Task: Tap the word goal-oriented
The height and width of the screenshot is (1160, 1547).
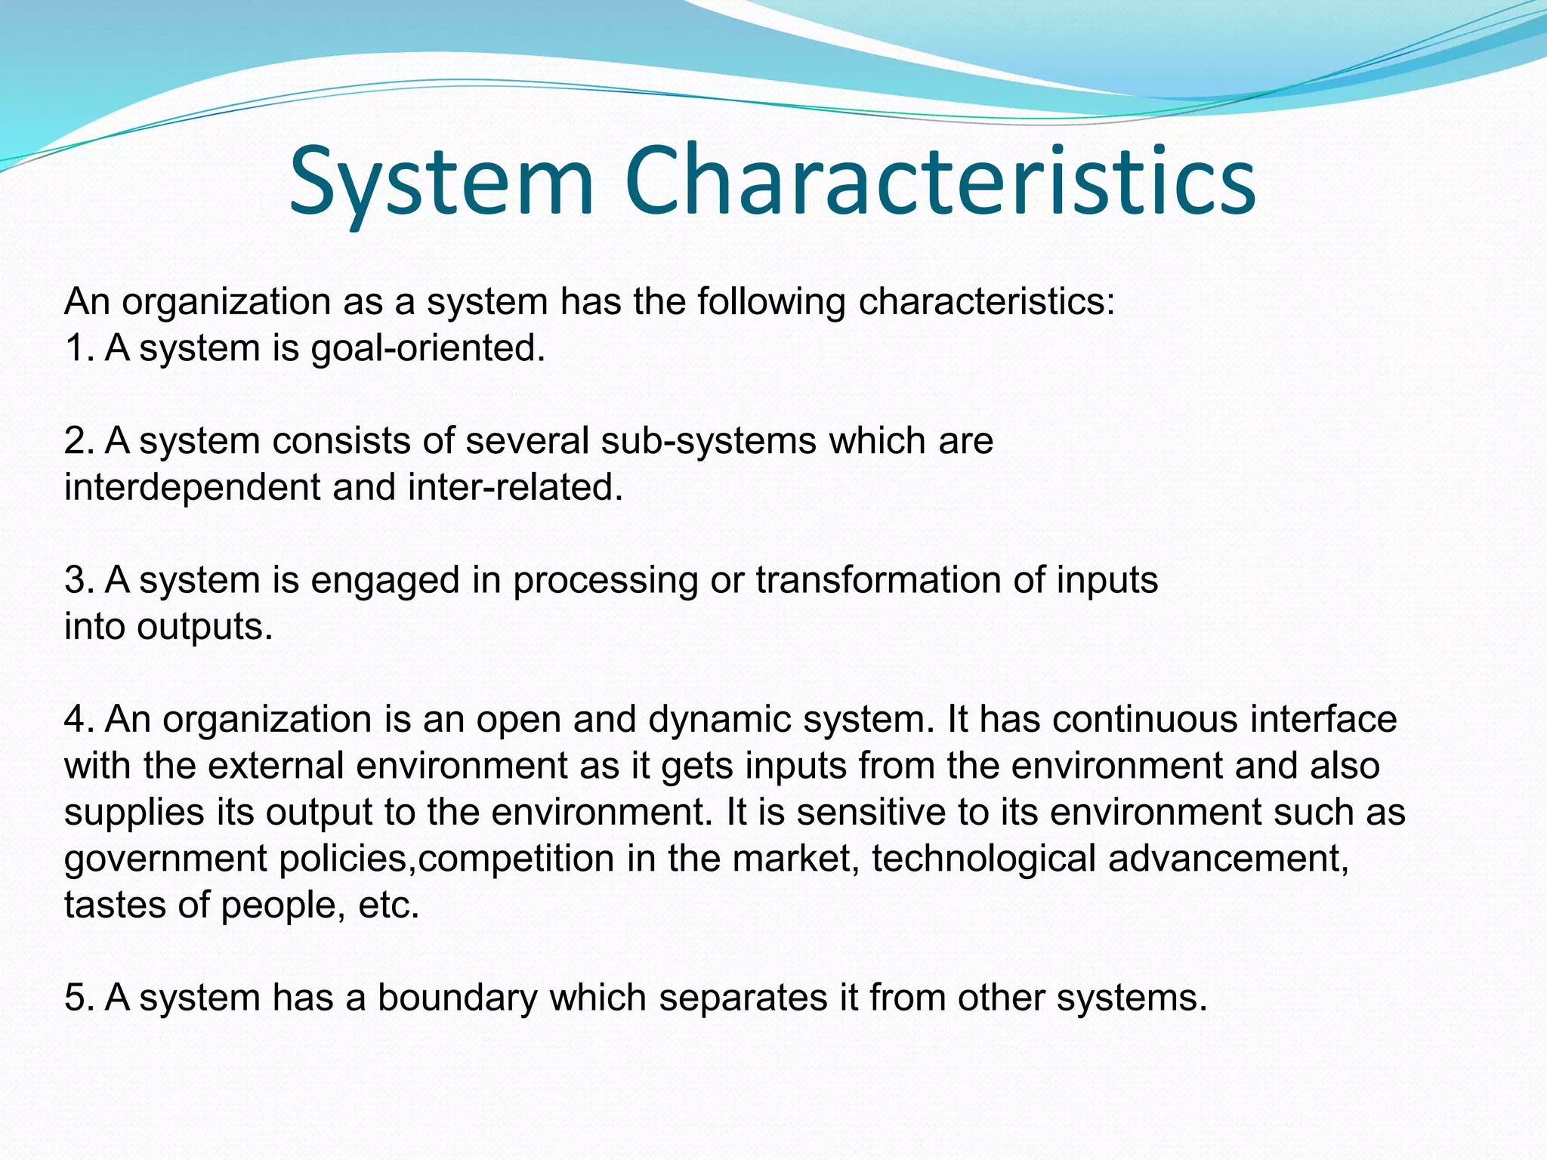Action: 428,349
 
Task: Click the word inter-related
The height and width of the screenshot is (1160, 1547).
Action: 515,487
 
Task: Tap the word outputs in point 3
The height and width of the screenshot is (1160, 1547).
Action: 205,627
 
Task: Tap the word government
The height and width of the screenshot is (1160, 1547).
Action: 165,859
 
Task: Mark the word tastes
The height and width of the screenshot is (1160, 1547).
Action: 115,905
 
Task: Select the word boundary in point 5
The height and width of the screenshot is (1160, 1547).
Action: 457,998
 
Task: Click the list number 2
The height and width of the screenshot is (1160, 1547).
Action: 77,441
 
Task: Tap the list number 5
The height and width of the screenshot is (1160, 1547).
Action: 77,998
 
